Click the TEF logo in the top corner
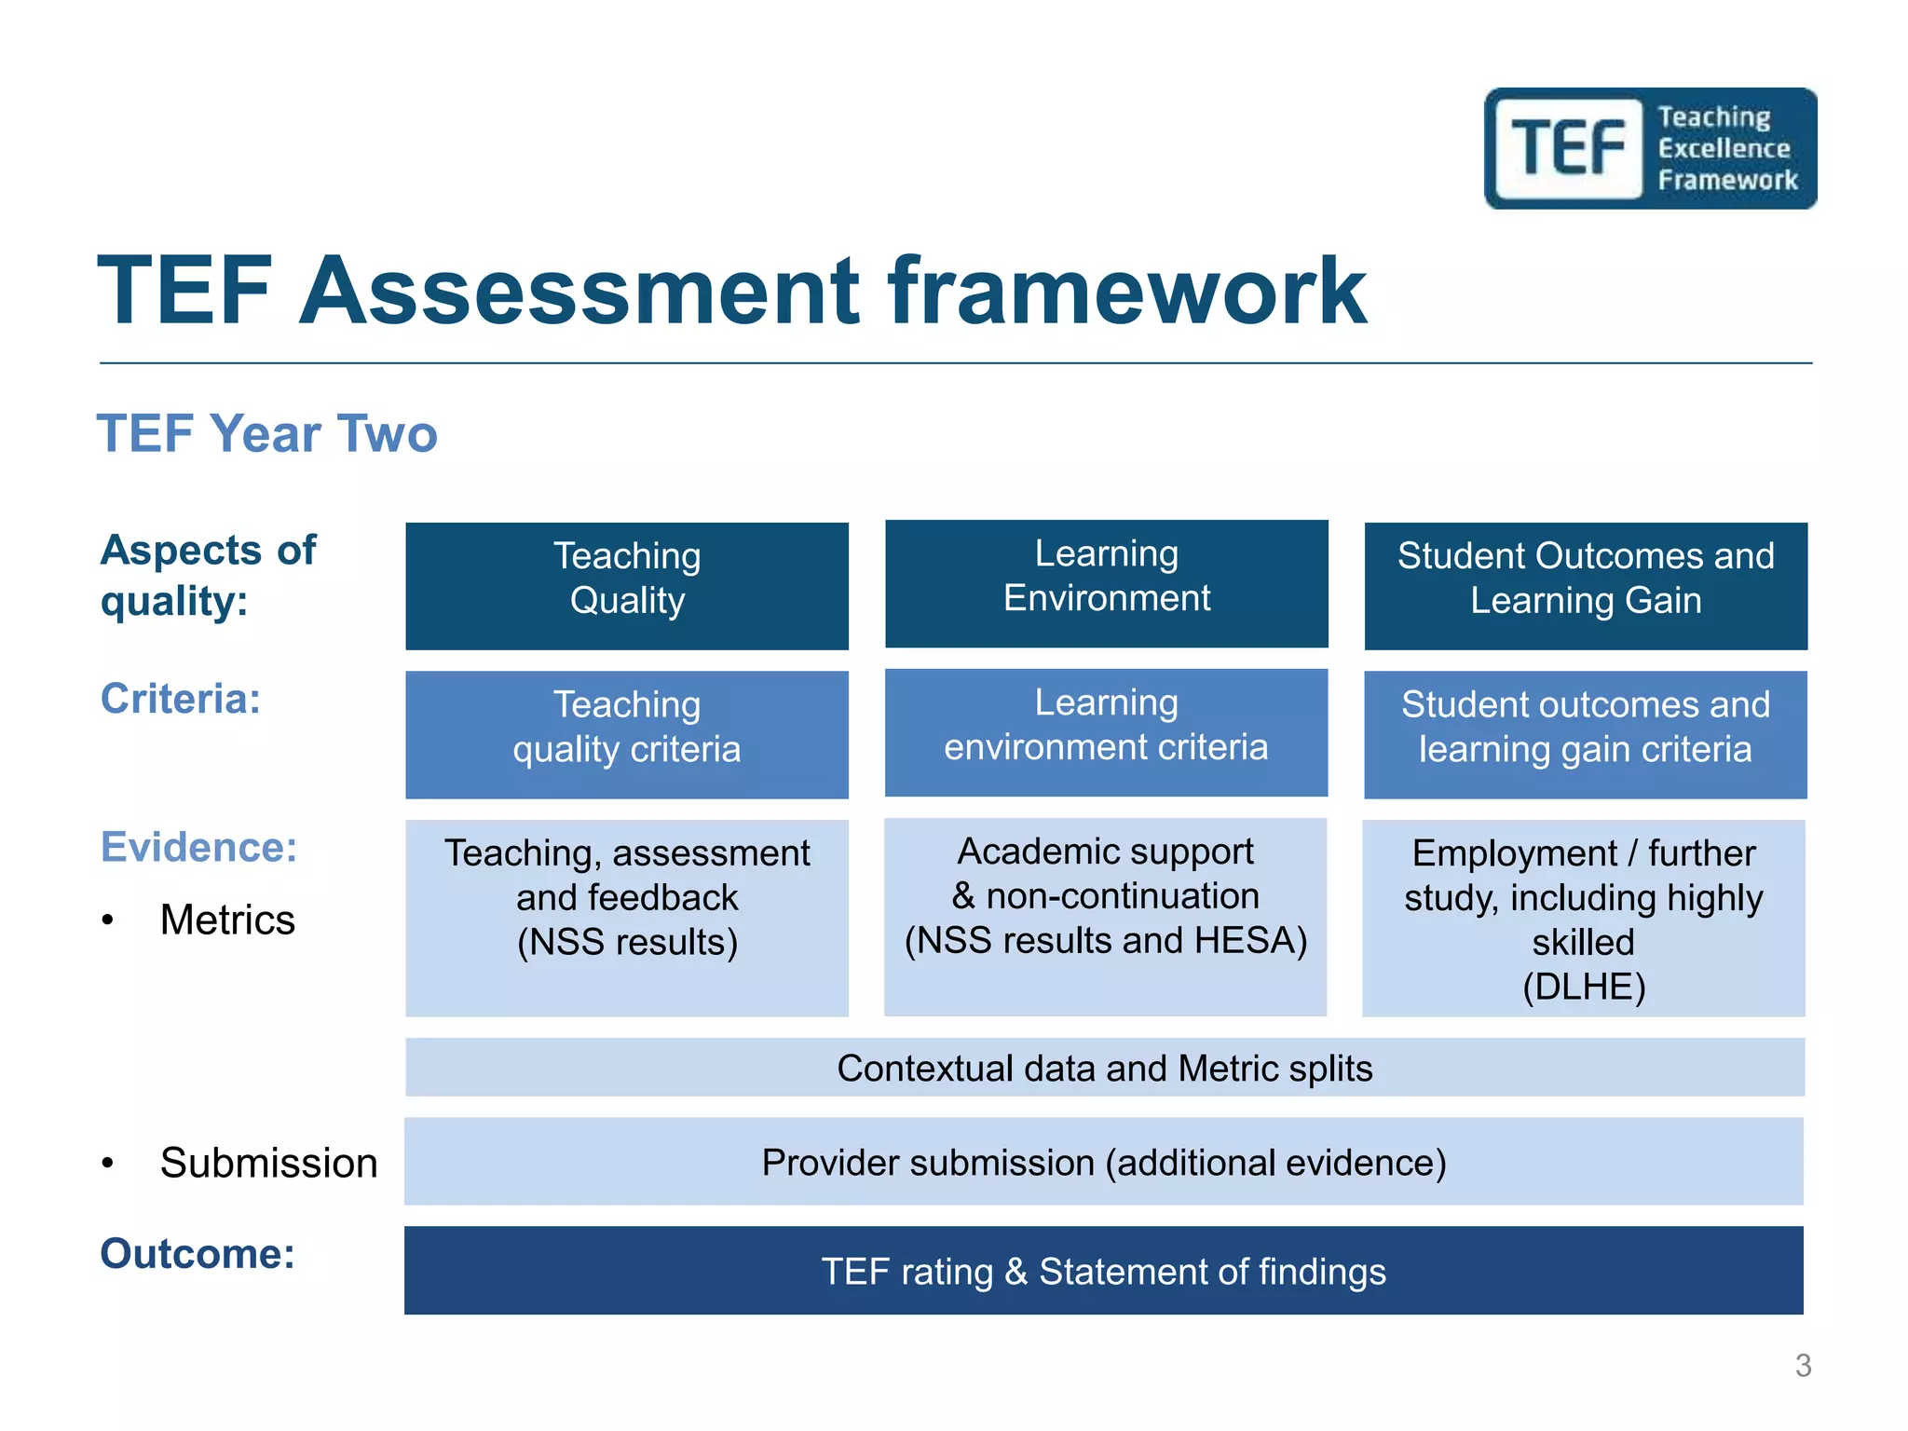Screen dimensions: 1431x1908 click(x=1650, y=149)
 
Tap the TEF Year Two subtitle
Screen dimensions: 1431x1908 click(x=267, y=434)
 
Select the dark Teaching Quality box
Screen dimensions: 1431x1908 click(x=627, y=585)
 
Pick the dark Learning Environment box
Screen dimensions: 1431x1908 click(x=1106, y=583)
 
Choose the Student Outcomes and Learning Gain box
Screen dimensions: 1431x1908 click(x=1586, y=585)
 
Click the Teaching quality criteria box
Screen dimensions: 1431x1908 click(x=627, y=734)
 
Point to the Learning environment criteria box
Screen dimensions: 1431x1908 click(x=1106, y=732)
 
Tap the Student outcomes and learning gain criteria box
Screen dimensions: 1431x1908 click(x=1585, y=734)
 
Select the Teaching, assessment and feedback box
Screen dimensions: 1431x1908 click(x=627, y=917)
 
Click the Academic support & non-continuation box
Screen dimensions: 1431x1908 click(x=1106, y=916)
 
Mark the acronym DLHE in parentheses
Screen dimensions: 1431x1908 click(x=1584, y=987)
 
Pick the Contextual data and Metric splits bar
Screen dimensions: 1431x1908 click(x=1105, y=1068)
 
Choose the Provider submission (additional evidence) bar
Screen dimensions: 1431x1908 click(x=1104, y=1162)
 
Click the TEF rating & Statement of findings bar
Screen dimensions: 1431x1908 click(x=1104, y=1271)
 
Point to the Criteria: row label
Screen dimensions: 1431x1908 click(x=181, y=699)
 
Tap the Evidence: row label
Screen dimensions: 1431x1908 click(x=198, y=848)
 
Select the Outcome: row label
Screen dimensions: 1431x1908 click(x=198, y=1254)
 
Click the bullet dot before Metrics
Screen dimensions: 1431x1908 click(x=108, y=920)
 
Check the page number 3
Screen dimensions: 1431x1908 click(x=1803, y=1366)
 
